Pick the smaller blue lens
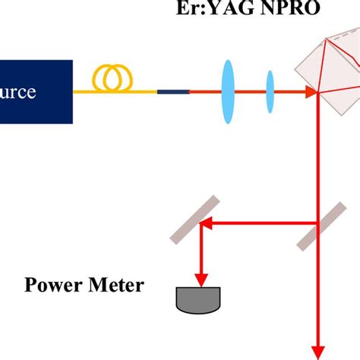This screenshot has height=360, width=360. point(270,91)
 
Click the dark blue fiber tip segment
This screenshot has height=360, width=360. point(172,92)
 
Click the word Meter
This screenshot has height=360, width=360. point(115,287)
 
